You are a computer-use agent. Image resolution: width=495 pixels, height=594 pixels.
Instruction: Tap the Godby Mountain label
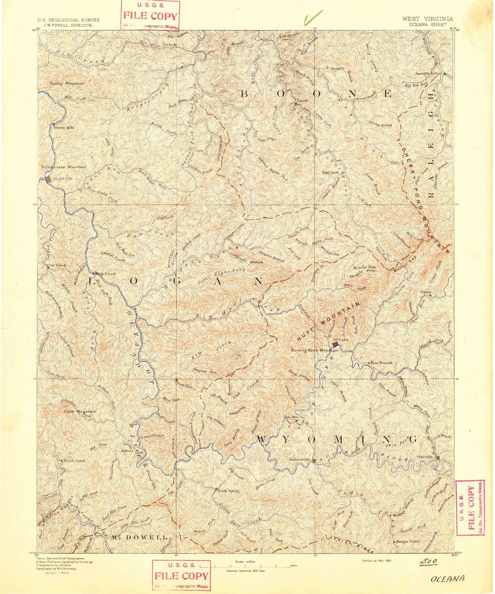[67, 83]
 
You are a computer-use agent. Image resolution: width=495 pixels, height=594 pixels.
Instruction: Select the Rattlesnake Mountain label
[64, 167]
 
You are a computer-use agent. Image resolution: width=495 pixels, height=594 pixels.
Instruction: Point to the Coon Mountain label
[80, 412]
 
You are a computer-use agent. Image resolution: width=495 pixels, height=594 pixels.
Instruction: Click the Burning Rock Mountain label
[314, 350]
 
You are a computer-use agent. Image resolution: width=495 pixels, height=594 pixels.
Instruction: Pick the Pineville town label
[425, 457]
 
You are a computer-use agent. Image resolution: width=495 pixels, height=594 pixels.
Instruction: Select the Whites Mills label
[63, 128]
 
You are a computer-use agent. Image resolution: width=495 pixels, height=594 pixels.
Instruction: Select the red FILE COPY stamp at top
[150, 16]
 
